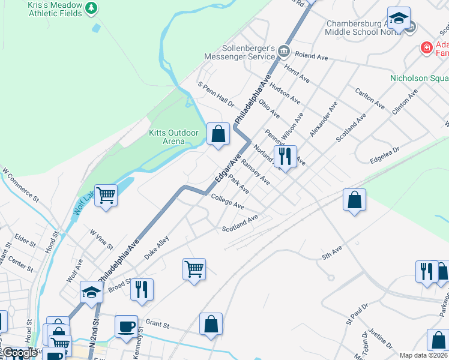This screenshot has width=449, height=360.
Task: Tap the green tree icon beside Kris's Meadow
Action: click(91, 8)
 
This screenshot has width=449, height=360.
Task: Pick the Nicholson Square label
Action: click(419, 78)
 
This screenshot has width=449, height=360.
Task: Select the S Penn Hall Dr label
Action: click(216, 95)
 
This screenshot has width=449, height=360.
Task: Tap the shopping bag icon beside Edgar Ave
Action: click(218, 133)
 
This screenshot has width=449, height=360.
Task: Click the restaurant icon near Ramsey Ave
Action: click(285, 156)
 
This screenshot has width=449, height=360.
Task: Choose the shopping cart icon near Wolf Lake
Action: click(106, 194)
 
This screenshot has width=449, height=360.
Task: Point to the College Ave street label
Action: click(227, 203)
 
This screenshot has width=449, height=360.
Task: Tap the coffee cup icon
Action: click(126, 326)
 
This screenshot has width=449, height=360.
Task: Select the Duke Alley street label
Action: click(155, 247)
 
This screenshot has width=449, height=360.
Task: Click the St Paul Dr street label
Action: click(357, 314)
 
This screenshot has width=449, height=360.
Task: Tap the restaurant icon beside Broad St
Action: click(141, 289)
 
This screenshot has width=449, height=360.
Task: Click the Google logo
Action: click(19, 353)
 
